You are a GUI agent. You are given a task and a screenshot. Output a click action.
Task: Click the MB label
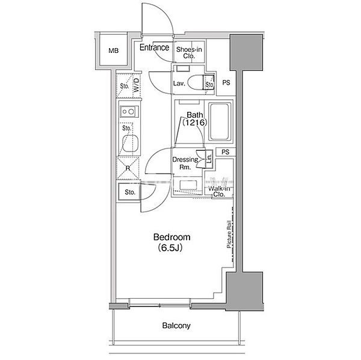point(114,50)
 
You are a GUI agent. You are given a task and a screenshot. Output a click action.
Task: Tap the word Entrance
point(154,47)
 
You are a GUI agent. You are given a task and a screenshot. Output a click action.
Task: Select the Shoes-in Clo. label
point(189,53)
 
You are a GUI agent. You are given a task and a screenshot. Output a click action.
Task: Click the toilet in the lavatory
point(195,82)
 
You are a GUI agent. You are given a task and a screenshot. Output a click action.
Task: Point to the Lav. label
point(179,84)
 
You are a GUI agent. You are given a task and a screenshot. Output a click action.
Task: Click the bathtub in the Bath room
point(220,121)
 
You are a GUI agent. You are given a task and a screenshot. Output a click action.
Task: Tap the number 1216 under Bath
point(195,123)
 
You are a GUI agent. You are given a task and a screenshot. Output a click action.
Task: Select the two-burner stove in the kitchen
point(129,112)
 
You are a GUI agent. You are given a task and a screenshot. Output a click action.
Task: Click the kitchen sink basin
point(131,143)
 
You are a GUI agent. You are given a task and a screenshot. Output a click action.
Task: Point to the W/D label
point(137,85)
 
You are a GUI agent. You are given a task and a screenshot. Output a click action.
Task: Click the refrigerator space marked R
point(128,168)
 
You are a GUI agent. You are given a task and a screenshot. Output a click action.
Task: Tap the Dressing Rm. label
point(185,163)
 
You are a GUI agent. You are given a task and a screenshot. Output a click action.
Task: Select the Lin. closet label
point(209,159)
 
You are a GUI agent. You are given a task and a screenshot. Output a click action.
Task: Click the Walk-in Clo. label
point(219,191)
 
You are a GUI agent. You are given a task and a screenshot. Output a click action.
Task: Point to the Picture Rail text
point(229,234)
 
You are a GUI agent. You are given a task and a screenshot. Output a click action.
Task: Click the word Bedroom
point(171,237)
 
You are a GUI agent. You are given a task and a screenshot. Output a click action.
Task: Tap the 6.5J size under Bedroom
point(170,248)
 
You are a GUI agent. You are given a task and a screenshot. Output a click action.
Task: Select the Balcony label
point(176,326)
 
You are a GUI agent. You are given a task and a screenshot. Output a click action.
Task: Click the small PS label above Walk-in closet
point(226,152)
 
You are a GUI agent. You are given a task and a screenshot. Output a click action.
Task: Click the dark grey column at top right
point(246,52)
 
